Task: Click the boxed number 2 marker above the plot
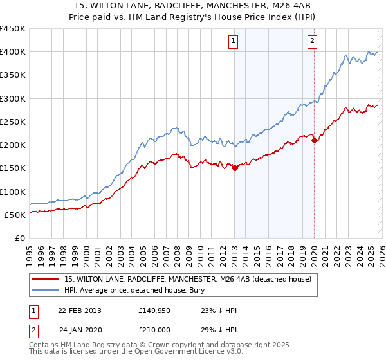click(x=312, y=42)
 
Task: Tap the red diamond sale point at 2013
click(x=235, y=168)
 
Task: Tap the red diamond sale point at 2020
click(x=314, y=141)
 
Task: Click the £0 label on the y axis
click(x=19, y=238)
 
